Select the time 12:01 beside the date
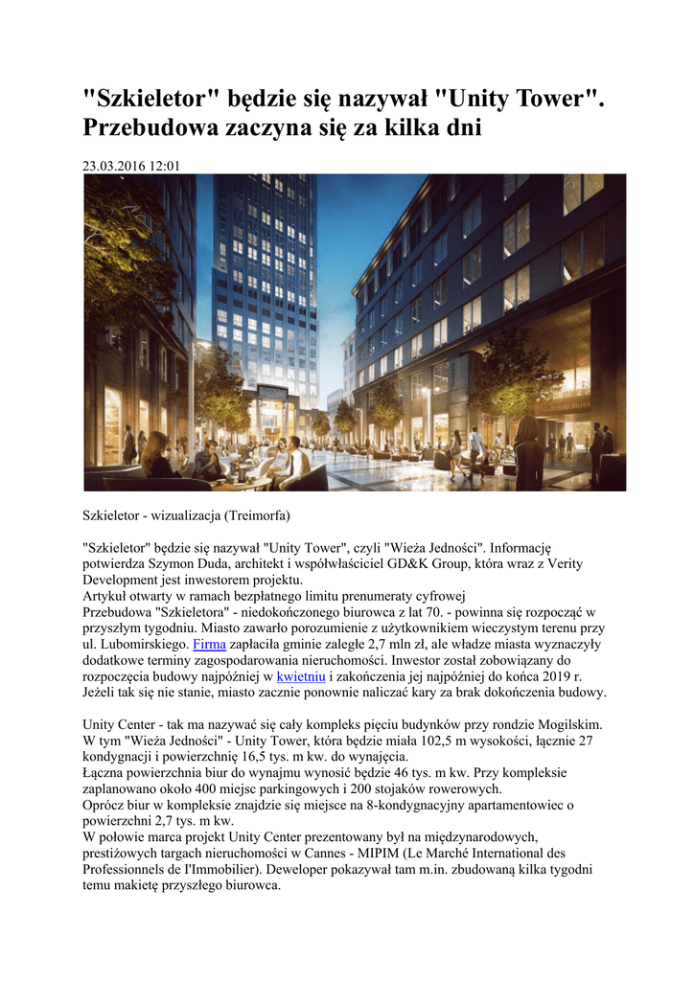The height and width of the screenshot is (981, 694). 164,166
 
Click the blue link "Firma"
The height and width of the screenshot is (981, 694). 209,645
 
